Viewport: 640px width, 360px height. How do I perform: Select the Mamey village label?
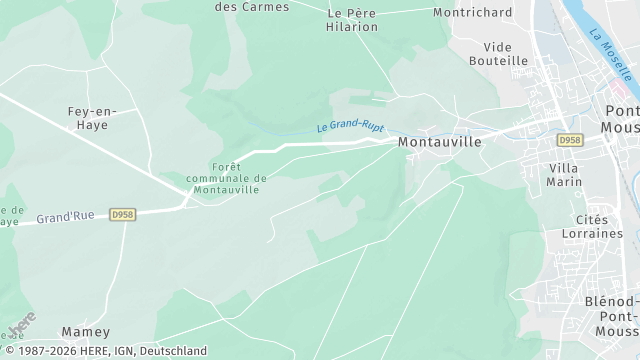pos(85,331)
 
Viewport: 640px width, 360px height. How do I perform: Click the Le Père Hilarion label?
pos(353,20)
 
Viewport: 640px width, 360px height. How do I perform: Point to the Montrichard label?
pos(472,13)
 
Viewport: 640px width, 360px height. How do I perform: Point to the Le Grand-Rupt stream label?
pos(350,126)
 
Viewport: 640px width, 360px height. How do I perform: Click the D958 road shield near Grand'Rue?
pos(122,214)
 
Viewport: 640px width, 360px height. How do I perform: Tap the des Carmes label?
pos(252,7)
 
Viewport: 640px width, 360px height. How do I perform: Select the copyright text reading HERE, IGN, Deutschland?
pos(104,351)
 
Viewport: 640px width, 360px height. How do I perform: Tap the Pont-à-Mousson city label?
pos(621,121)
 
